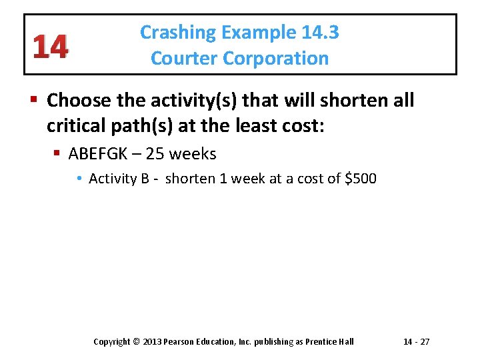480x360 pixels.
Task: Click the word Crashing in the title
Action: [x=178, y=33]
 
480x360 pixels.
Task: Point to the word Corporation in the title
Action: [x=276, y=59]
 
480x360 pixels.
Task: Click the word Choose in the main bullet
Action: [x=79, y=101]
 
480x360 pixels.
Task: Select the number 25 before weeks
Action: [x=155, y=154]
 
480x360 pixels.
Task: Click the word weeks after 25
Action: [x=193, y=154]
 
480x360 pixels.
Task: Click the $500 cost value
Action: [x=361, y=179]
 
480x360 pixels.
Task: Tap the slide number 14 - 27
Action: [x=417, y=342]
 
